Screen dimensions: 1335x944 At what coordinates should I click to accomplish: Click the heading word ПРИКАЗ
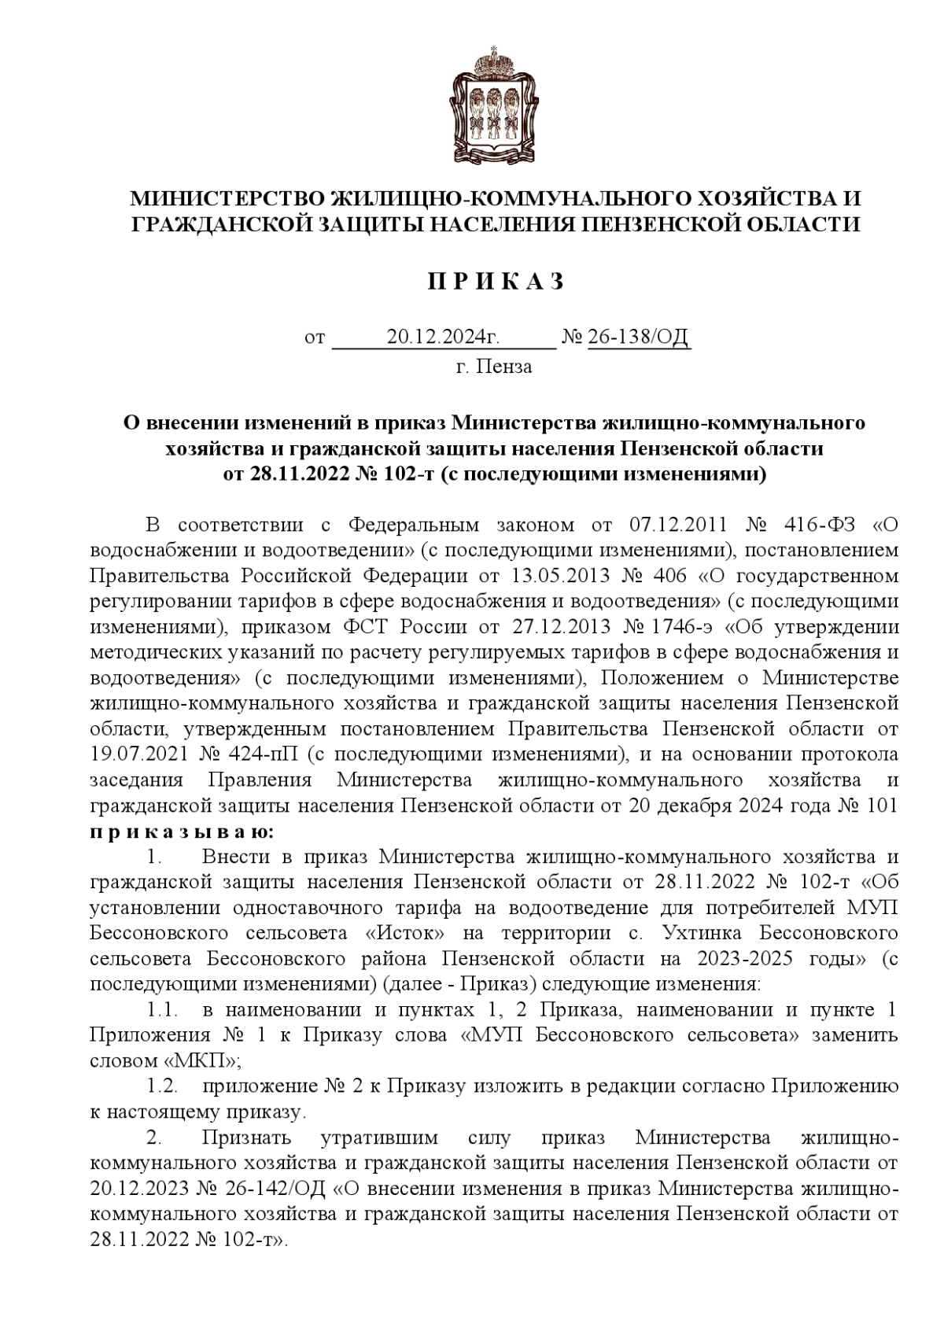point(496,282)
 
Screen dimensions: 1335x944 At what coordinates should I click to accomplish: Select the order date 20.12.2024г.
point(443,337)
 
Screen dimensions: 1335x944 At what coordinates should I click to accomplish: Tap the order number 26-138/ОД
point(639,337)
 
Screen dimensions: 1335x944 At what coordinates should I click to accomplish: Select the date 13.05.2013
point(559,576)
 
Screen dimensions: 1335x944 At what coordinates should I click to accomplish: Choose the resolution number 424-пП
point(262,754)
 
